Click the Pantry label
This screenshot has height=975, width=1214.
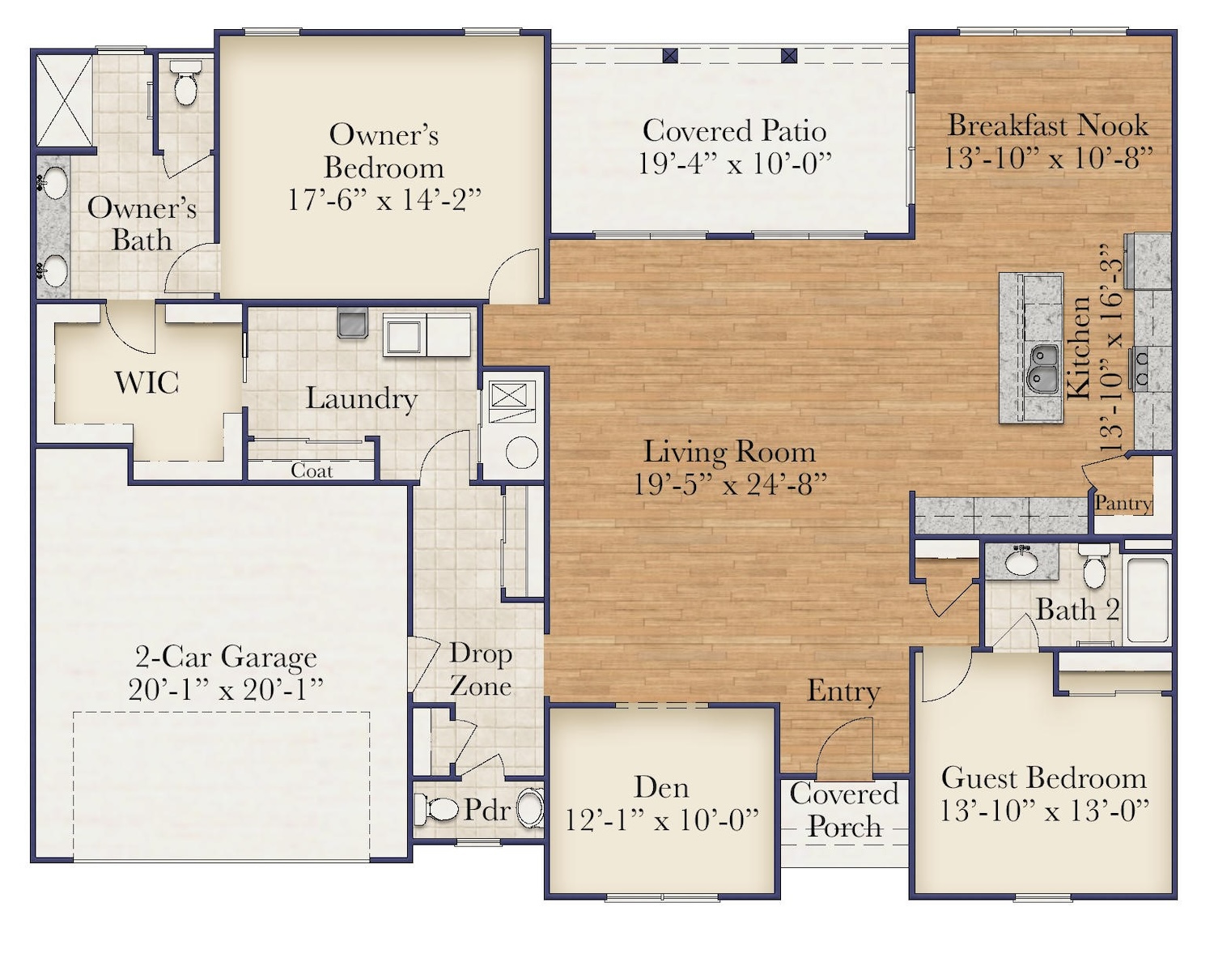coord(1123,503)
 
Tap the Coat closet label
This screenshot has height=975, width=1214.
coord(312,470)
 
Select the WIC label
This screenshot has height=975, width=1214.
coord(146,382)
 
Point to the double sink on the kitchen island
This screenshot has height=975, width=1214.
coord(1042,367)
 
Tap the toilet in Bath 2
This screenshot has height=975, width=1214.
coord(1094,568)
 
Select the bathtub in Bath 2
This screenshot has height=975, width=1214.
coord(1148,600)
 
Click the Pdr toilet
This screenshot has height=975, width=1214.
coord(438,808)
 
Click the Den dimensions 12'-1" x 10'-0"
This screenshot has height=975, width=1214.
coord(661,820)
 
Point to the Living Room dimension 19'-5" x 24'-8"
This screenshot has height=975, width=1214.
coord(730,484)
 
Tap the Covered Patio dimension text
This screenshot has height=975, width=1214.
coord(734,164)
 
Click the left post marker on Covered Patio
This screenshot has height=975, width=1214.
coord(669,56)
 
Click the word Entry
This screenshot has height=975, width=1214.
coord(843,691)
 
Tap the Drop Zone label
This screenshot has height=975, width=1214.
coord(480,669)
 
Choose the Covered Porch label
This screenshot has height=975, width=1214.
coord(844,810)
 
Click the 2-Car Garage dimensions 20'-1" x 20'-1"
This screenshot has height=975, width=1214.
coord(226,689)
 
